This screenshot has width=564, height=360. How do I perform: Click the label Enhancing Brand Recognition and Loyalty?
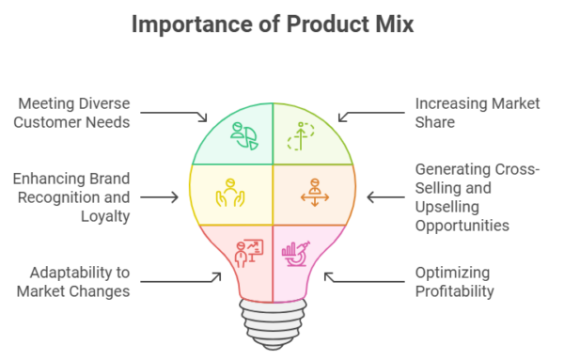pos(74,196)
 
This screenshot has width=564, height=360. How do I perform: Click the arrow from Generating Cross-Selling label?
pos(385,197)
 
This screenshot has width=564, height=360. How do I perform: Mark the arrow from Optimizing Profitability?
pos(362,279)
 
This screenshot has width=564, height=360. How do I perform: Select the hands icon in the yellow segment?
pos(230,192)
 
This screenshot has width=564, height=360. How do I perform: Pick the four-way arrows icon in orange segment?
pos(312,192)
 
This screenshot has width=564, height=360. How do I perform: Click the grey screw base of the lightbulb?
pos(272,323)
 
